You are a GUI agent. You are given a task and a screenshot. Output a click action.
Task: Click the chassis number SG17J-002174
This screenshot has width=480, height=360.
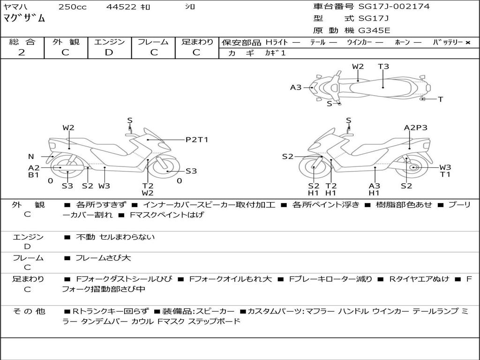(394, 6)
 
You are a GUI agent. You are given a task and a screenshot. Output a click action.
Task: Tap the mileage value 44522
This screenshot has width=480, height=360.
(121, 7)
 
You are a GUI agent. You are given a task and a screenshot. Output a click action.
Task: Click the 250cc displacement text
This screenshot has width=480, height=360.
(73, 7)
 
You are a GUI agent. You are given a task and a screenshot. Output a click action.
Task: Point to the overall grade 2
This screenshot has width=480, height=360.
(22, 52)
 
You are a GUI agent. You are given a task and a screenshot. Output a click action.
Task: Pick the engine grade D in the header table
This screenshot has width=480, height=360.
(109, 52)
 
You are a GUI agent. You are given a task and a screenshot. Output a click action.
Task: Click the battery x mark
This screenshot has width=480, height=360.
(468, 43)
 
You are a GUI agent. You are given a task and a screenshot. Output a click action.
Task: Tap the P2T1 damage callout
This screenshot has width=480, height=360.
(197, 140)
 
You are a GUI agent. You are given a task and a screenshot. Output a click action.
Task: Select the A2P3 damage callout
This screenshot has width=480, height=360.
(415, 127)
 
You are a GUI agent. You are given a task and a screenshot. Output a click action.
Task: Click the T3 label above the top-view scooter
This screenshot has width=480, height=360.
(383, 67)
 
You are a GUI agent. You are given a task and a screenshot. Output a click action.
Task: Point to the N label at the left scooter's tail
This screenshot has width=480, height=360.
(31, 157)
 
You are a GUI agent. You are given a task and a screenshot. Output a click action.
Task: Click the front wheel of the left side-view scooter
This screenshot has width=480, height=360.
(165, 168)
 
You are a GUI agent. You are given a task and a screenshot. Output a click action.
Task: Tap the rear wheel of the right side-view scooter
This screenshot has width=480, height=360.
(411, 167)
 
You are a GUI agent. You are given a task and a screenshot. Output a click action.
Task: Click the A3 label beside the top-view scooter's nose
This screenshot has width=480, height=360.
(296, 88)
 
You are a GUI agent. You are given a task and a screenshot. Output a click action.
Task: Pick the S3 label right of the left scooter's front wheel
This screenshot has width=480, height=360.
(191, 171)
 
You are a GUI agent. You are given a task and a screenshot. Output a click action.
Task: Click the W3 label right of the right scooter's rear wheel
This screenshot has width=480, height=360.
(445, 167)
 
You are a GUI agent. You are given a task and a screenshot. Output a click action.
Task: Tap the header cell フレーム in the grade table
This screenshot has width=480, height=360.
(153, 42)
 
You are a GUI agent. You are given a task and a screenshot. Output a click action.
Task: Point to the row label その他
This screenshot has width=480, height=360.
(29, 311)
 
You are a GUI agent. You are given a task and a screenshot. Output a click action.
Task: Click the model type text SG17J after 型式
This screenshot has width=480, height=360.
(374, 18)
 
